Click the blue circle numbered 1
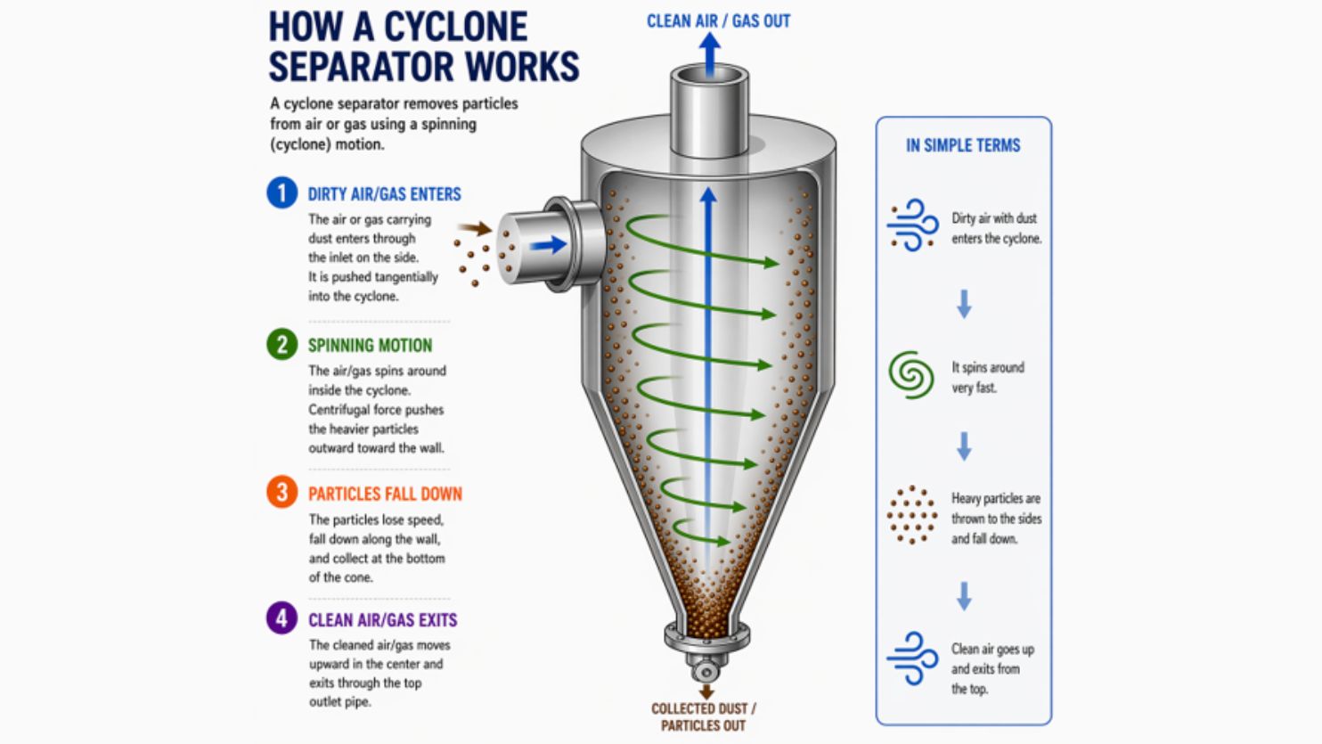[282, 193]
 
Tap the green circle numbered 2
[282, 344]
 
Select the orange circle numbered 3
[282, 493]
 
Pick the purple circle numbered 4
[282, 618]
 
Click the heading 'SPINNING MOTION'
[370, 346]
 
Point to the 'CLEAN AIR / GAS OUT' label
[718, 21]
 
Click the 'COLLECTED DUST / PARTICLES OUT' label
[704, 717]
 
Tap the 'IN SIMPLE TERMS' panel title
[963, 145]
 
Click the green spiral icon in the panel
[911, 374]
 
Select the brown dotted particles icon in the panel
[912, 515]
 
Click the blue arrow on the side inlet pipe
[548, 244]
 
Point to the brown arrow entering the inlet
[476, 228]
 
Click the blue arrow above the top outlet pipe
[709, 54]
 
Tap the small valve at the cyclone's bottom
[706, 670]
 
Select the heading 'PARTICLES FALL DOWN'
[386, 495]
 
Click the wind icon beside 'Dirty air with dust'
[912, 225]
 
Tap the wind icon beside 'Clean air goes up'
[912, 658]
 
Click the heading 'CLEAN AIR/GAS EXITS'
[383, 620]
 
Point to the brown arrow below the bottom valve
[706, 691]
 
